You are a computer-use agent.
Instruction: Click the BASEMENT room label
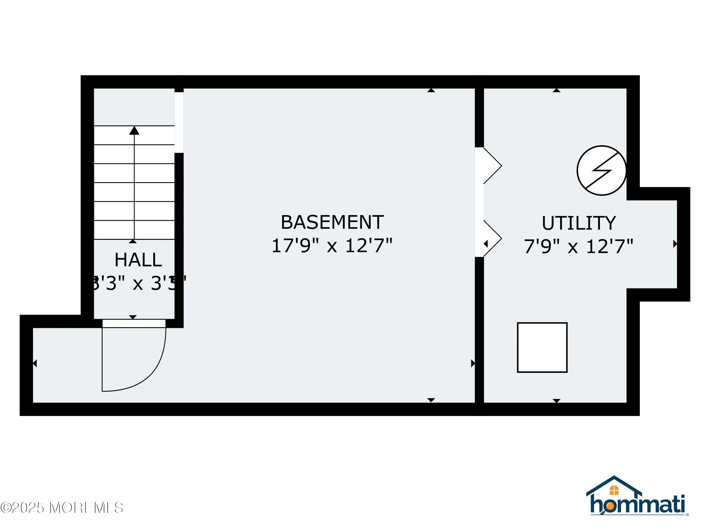pyautogui.click(x=332, y=222)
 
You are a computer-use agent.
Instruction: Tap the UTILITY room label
pyautogui.click(x=579, y=223)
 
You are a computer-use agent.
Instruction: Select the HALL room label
pyautogui.click(x=138, y=260)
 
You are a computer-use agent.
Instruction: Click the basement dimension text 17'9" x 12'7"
pyautogui.click(x=332, y=246)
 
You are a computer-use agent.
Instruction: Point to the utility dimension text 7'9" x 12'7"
pyautogui.click(x=578, y=247)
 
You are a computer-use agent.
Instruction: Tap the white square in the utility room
pyautogui.click(x=542, y=348)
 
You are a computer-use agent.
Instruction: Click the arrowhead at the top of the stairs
pyautogui.click(x=134, y=131)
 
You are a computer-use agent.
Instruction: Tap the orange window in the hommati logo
pyautogui.click(x=614, y=490)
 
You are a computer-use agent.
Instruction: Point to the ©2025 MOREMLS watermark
pyautogui.click(x=62, y=508)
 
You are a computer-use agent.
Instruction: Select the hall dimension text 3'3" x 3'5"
pyautogui.click(x=138, y=283)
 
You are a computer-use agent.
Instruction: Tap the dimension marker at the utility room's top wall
pyautogui.click(x=557, y=91)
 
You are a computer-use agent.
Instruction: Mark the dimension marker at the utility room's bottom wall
pyautogui.click(x=557, y=401)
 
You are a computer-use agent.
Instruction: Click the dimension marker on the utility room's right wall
pyautogui.click(x=675, y=244)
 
